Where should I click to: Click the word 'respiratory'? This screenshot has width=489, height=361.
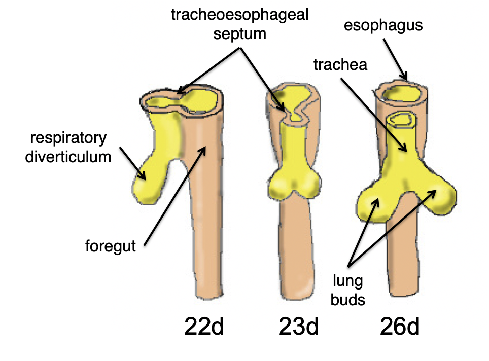(68, 138)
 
